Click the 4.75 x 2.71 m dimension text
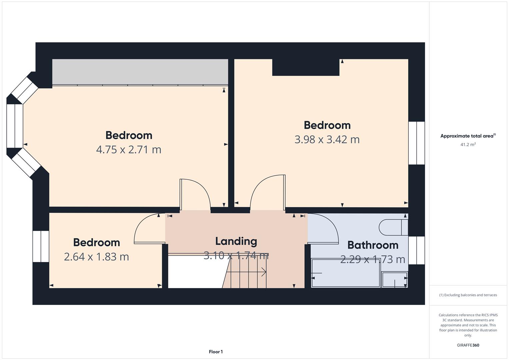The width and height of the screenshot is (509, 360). [129, 150]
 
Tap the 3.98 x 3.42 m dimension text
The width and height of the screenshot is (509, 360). [327, 140]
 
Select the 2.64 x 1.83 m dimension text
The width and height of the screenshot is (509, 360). [96, 257]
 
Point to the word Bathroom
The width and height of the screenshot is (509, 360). [373, 245]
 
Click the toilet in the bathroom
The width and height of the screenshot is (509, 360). [393, 227]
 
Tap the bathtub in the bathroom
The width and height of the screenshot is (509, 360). [346, 273]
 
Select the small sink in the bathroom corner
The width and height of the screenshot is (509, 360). [395, 280]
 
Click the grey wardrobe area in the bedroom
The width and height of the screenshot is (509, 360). [140, 72]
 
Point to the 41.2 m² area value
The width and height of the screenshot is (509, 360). [468, 144]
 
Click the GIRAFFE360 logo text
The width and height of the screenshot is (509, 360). [468, 345]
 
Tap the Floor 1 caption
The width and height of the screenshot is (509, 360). [216, 352]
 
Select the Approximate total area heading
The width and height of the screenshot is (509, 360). [468, 136]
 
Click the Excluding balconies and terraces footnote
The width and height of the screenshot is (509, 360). [468, 295]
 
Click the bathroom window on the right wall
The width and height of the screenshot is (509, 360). [417, 250]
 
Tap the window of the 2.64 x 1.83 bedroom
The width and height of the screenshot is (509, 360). [41, 246]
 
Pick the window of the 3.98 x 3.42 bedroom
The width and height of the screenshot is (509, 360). [417, 143]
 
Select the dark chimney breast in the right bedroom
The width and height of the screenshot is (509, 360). [306, 67]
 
